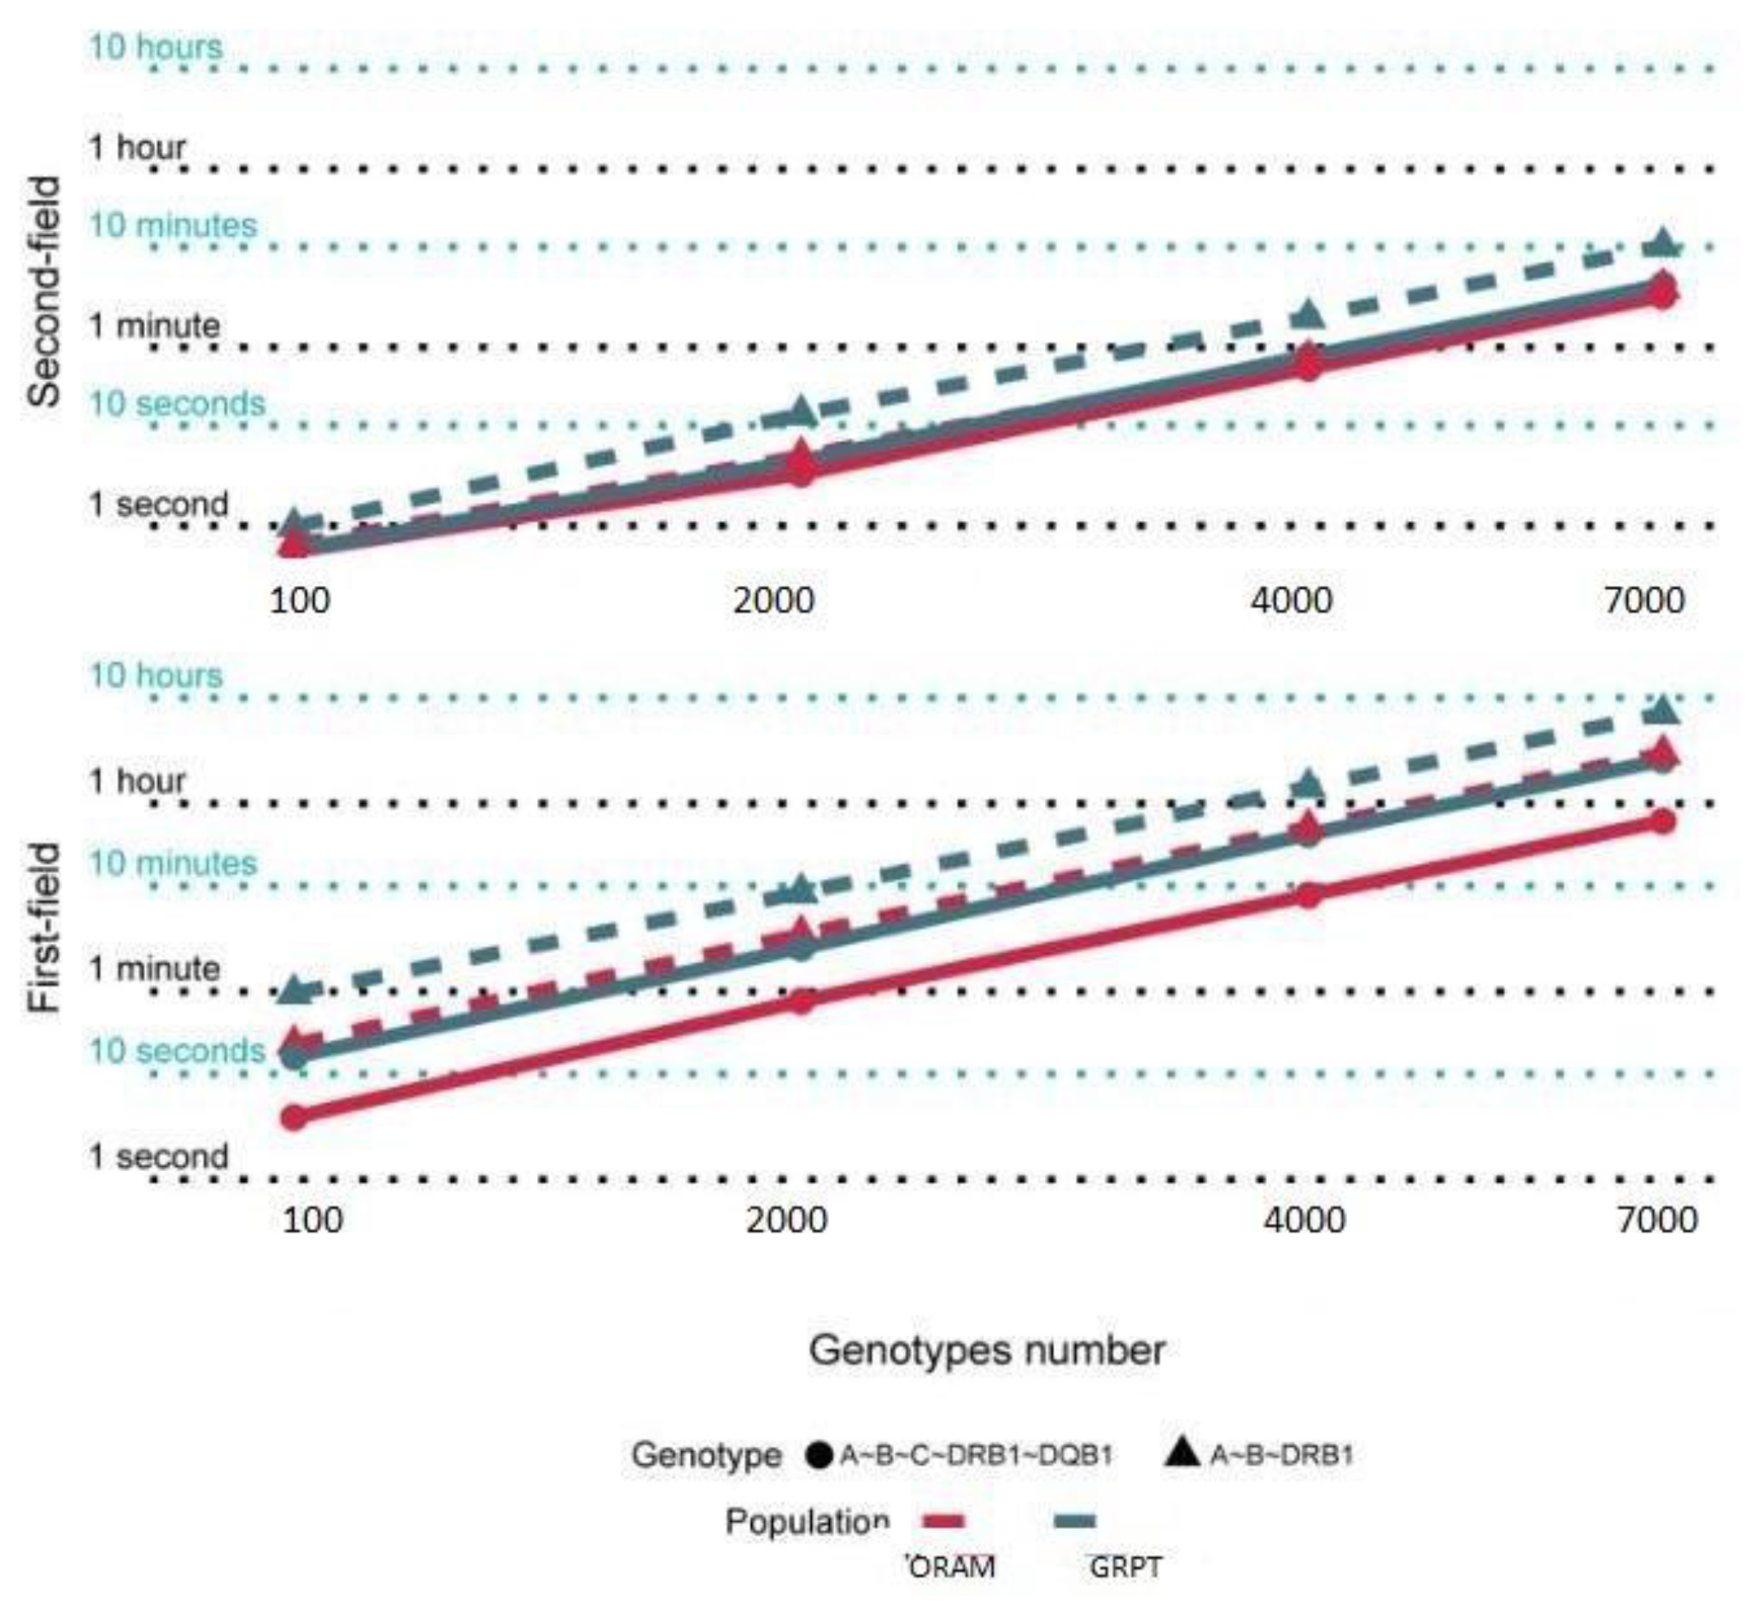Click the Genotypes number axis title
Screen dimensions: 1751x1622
pyautogui.click(x=986, y=1350)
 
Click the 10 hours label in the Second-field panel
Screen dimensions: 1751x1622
pyautogui.click(x=156, y=46)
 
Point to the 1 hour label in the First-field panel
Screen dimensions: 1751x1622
pyautogui.click(x=137, y=781)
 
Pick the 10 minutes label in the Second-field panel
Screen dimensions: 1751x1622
pyautogui.click(x=172, y=225)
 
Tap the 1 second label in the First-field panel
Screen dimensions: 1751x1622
pyautogui.click(x=159, y=1156)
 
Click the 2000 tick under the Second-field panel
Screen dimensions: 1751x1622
pyautogui.click(x=774, y=601)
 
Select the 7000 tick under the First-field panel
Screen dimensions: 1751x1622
pyautogui.click(x=1657, y=1221)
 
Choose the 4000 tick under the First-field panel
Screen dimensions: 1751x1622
pyautogui.click(x=1304, y=1221)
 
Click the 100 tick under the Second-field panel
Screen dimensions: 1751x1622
pyautogui.click(x=300, y=601)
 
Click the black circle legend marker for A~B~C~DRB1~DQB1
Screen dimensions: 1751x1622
pyautogui.click(x=818, y=1455)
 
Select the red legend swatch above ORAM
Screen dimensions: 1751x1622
pyautogui.click(x=945, y=1521)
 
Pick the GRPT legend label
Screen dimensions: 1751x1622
pyautogui.click(x=1125, y=1567)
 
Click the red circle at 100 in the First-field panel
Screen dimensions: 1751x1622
pyautogui.click(x=294, y=1117)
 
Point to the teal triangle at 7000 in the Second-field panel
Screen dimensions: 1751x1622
pyautogui.click(x=1662, y=244)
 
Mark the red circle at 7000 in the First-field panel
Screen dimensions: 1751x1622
pyautogui.click(x=1662, y=822)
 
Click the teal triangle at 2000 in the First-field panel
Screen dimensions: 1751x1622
pyautogui.click(x=800, y=889)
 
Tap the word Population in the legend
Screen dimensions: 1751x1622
pyautogui.click(x=807, y=1521)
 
